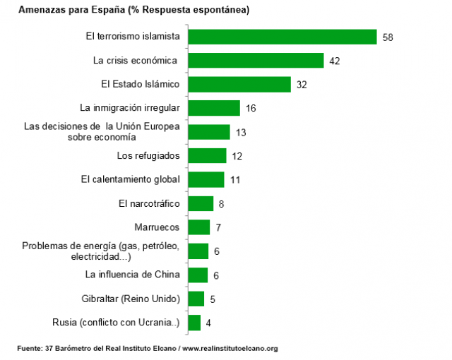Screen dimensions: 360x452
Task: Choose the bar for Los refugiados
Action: click(207, 156)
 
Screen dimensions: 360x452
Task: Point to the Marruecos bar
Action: click(198, 227)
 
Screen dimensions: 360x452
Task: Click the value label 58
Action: click(387, 37)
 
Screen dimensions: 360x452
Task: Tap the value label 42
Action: click(335, 61)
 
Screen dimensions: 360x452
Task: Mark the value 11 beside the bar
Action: click(235, 180)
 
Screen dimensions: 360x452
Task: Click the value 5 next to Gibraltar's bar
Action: click(213, 299)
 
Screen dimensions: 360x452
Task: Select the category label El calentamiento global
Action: click(131, 179)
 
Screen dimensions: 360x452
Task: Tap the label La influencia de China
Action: click(133, 275)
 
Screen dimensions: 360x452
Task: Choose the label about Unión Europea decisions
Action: click(102, 132)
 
